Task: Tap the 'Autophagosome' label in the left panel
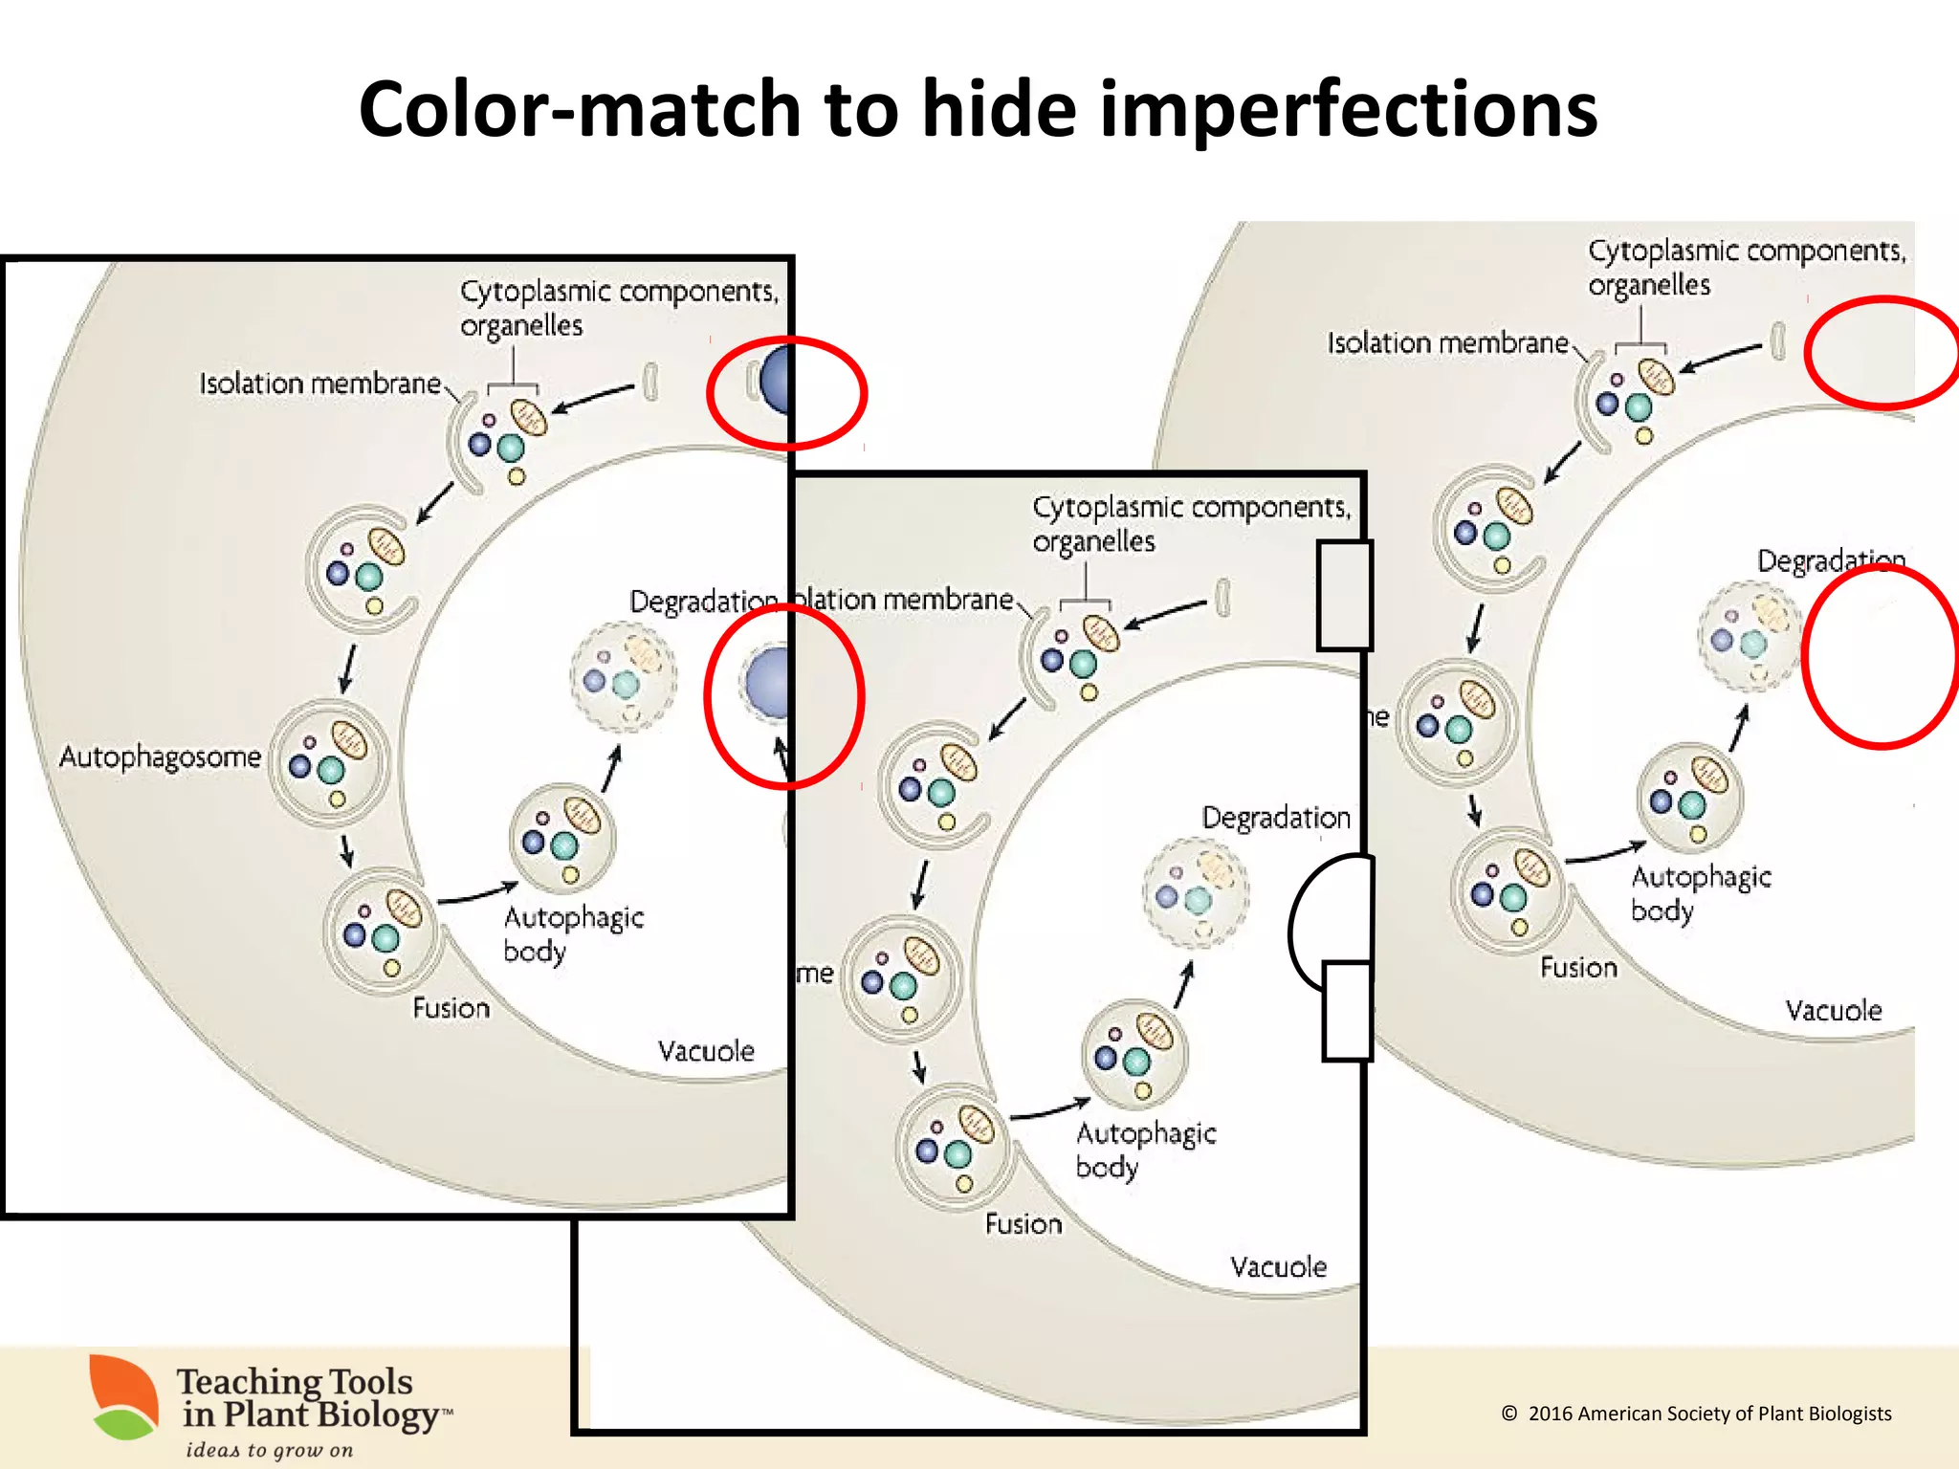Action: click(x=160, y=757)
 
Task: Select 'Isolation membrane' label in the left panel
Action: click(x=319, y=384)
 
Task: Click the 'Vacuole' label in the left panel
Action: click(x=706, y=1051)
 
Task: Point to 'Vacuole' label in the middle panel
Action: click(x=1278, y=1267)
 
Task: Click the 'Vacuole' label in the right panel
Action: click(x=1833, y=1011)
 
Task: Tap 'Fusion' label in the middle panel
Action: click(x=1024, y=1224)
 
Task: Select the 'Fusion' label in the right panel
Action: click(x=1578, y=968)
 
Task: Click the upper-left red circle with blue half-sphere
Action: click(x=786, y=392)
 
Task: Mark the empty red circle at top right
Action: click(x=1882, y=353)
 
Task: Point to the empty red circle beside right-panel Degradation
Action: click(x=1880, y=656)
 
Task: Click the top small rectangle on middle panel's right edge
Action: click(x=1345, y=595)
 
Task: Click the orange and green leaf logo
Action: click(x=124, y=1397)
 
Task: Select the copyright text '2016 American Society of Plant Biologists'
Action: click(x=1708, y=1414)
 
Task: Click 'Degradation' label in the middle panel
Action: click(x=1275, y=818)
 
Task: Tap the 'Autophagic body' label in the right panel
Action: click(x=1700, y=893)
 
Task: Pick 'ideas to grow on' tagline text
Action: click(x=269, y=1450)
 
